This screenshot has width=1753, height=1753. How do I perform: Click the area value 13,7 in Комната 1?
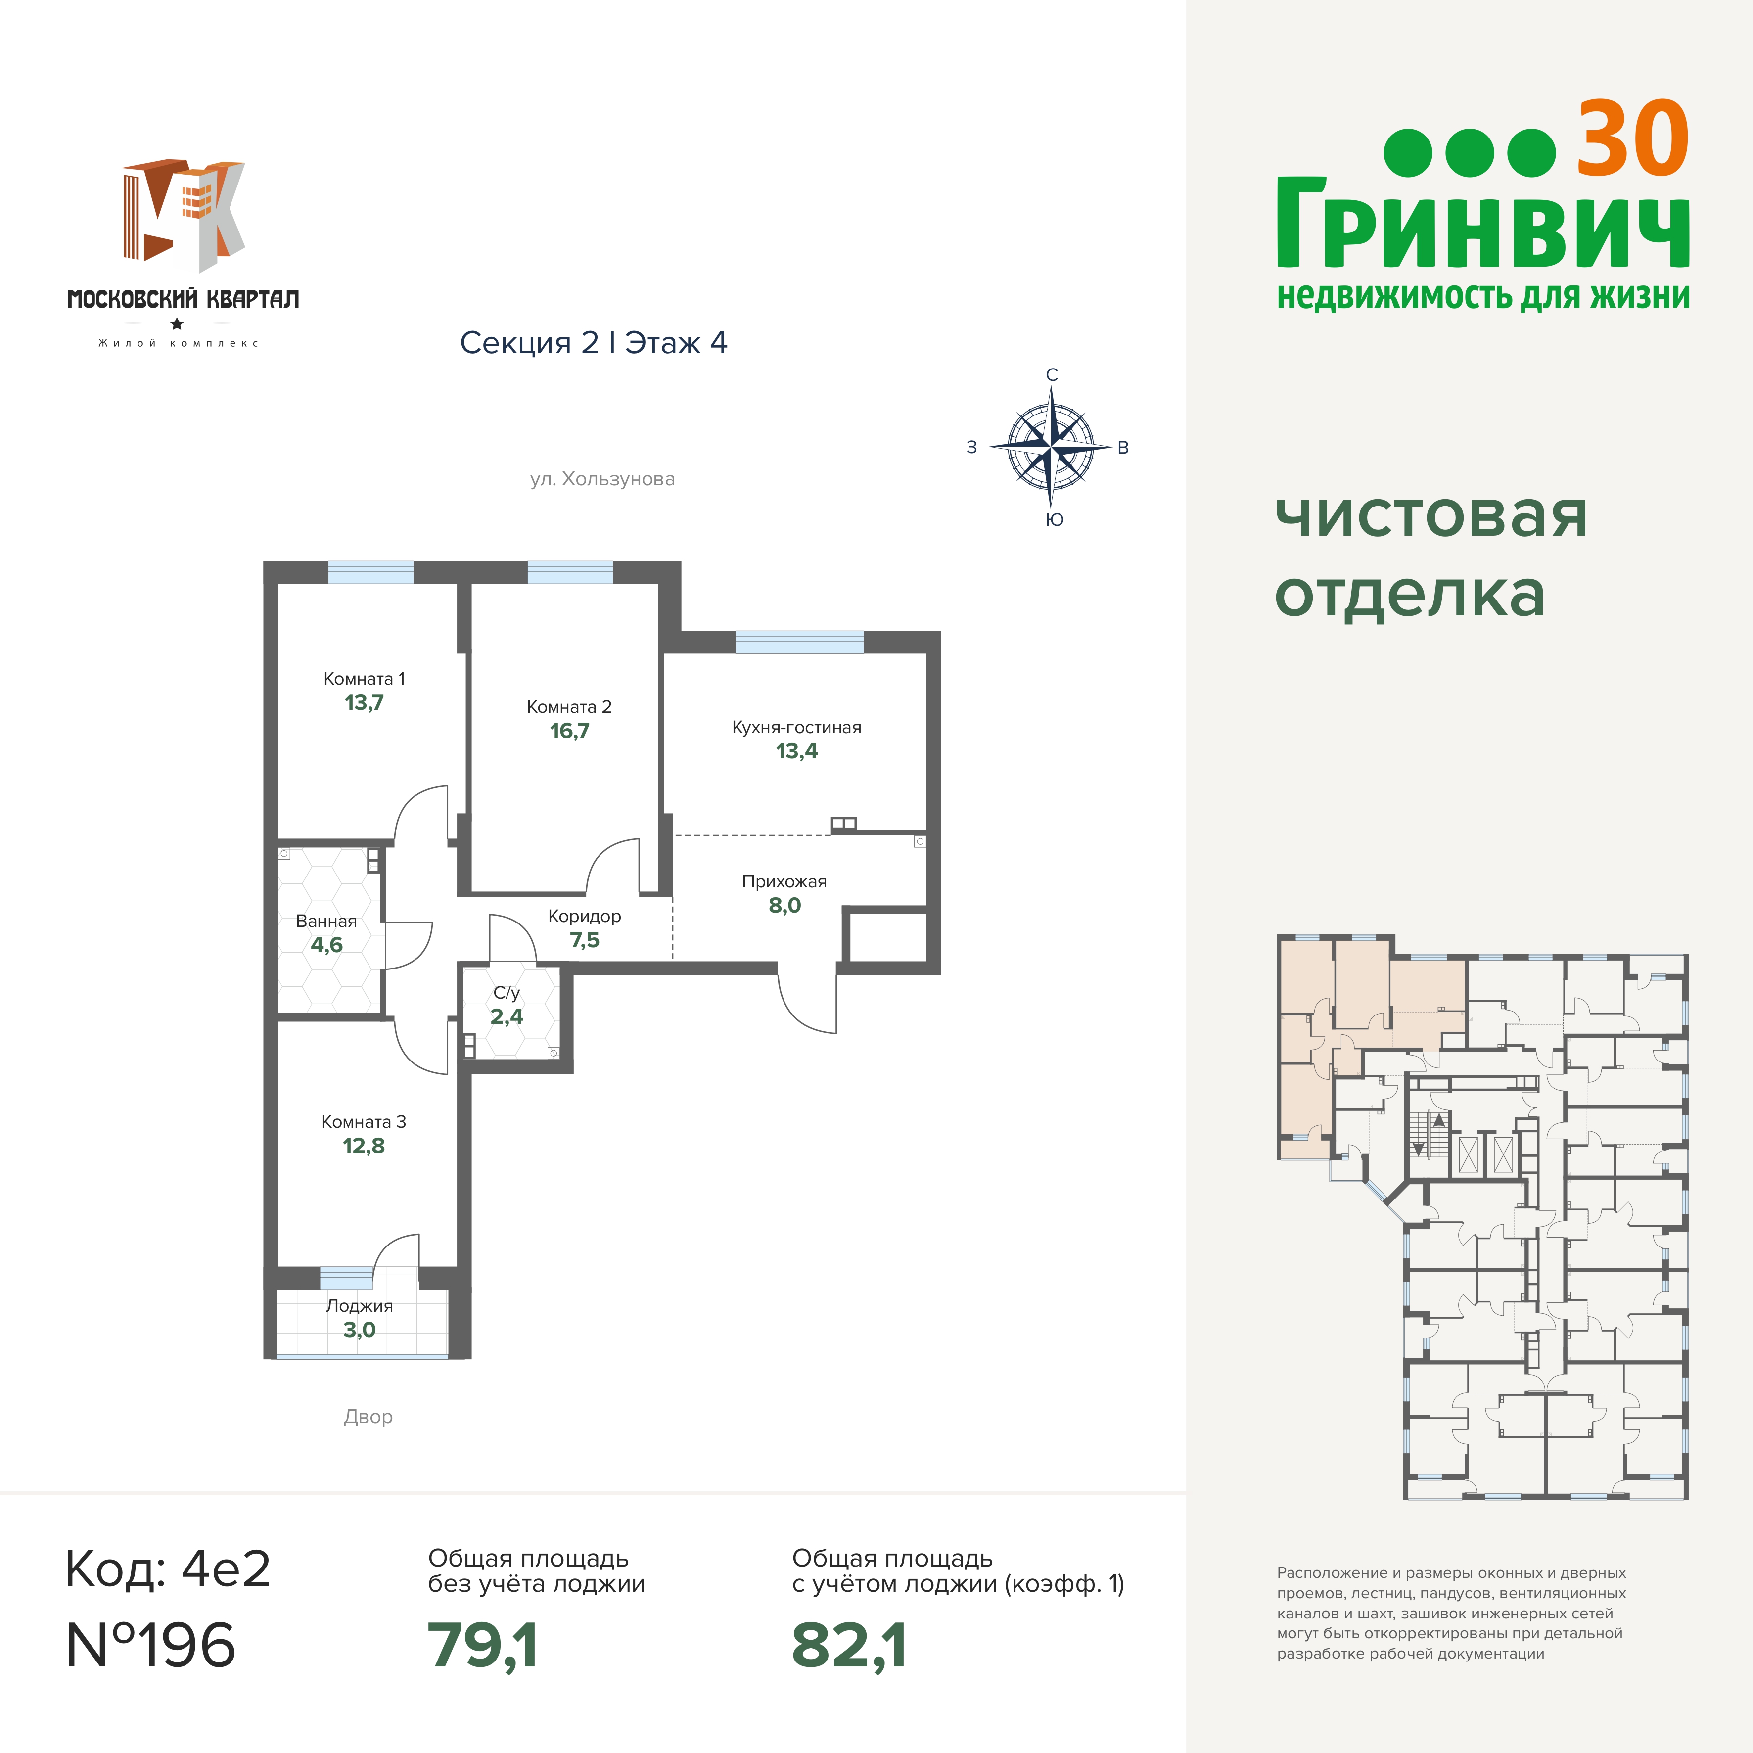[x=364, y=702]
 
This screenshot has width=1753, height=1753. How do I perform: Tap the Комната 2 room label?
[x=569, y=706]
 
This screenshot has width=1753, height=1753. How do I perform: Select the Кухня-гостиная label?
[x=797, y=727]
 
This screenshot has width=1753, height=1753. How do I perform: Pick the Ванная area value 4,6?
[x=326, y=945]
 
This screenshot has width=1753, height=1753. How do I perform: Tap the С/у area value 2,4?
[x=507, y=1016]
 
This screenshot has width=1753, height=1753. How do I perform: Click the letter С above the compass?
[x=1052, y=375]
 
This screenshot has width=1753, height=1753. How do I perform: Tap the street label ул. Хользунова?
[x=602, y=479]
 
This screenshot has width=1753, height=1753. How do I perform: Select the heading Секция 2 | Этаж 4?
[x=594, y=343]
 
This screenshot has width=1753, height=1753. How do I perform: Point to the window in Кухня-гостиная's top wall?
[x=799, y=642]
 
